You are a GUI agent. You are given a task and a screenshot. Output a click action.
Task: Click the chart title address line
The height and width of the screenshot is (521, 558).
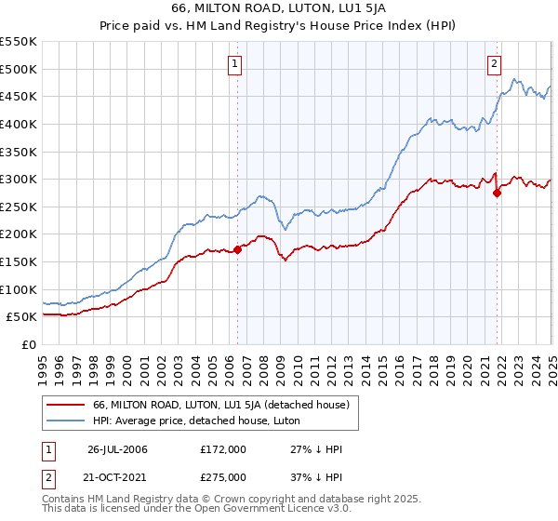pos(279,8)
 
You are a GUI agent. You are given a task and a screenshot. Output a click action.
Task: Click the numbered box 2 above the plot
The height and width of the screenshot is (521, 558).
pos(493,64)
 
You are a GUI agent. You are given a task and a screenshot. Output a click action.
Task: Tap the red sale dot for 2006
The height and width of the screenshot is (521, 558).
pos(237,248)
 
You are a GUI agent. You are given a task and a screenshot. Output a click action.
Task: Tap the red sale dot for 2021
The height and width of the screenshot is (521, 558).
pos(497,193)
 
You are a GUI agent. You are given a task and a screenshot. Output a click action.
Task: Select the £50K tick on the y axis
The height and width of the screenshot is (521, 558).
pos(22,316)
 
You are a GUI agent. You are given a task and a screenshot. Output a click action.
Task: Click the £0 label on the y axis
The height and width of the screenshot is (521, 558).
pos(29,344)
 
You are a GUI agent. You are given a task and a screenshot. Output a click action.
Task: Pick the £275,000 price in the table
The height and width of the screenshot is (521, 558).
pos(223,477)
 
